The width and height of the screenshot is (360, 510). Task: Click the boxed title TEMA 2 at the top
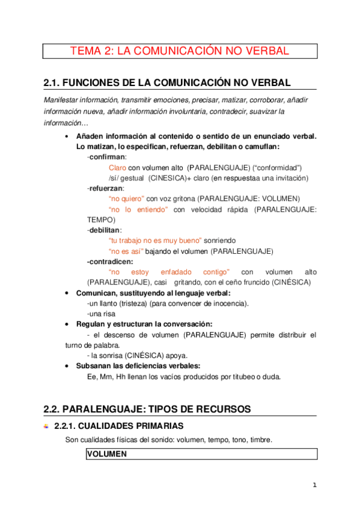coord(180,51)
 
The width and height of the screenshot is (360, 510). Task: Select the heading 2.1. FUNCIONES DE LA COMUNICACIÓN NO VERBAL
coord(168,82)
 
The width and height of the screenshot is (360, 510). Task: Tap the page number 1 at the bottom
coord(314,485)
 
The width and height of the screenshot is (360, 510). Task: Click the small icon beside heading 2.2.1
coord(47,426)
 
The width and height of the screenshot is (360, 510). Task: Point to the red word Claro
coord(117,168)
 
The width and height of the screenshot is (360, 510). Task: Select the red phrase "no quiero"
coord(126,198)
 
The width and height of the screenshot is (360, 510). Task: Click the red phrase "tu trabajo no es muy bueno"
coord(155,241)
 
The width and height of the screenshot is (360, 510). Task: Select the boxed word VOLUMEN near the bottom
coord(107,455)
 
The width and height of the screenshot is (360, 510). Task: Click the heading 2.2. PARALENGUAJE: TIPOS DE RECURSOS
coord(147,409)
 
